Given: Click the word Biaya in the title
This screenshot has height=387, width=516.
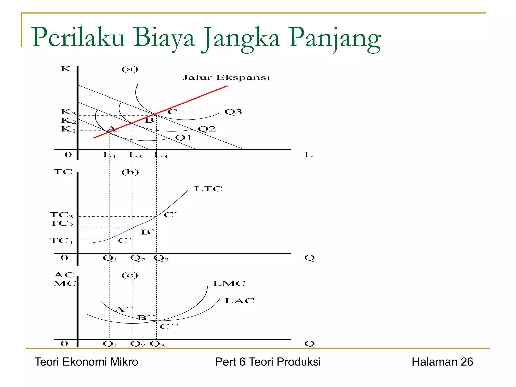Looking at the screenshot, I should click(x=164, y=38).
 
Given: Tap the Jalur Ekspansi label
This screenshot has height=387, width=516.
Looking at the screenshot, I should click(x=226, y=77).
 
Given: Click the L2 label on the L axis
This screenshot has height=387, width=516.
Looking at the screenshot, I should click(x=135, y=155).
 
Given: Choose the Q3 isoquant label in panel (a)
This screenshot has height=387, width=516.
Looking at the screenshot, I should click(x=233, y=112).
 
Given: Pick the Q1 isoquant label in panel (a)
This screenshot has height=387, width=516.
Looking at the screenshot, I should click(x=183, y=138).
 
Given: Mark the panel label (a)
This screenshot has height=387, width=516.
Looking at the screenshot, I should click(x=130, y=69).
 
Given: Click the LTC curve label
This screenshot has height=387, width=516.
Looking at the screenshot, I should click(x=208, y=189).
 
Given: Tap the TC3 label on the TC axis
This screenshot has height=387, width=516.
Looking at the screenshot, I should click(x=61, y=215).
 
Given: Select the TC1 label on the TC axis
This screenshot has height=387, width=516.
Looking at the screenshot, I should click(x=61, y=241).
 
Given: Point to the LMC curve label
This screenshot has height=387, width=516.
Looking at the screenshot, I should click(x=229, y=283).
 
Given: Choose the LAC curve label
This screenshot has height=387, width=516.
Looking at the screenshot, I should click(x=239, y=301).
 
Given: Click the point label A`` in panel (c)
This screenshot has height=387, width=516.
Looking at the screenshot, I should click(x=123, y=309).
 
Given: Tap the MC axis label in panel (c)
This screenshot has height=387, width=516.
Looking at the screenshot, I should click(x=64, y=283).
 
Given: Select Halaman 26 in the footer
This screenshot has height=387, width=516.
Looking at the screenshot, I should click(x=442, y=362).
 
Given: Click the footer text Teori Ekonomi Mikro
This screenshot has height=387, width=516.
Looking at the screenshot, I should click(x=86, y=362).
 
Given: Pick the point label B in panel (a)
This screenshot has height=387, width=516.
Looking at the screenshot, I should click(x=149, y=120).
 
